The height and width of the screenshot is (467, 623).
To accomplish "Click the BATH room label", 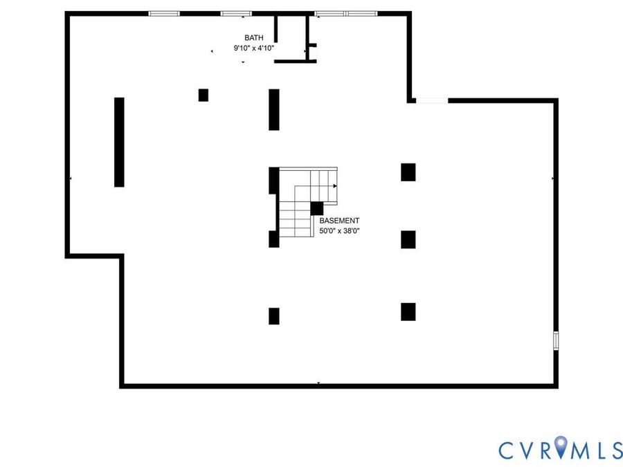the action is pos(253,38).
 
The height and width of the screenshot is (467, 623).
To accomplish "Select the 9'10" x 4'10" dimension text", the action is pos(253,48).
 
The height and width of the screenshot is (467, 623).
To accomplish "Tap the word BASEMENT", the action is pos(339,221).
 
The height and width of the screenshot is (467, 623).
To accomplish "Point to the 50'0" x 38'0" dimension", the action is pos(339,230).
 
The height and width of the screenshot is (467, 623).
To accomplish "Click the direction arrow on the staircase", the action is pos(335,186).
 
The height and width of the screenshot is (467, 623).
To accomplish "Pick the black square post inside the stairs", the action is pos(316,208).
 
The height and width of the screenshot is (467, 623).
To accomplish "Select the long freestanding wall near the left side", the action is pos(119,142).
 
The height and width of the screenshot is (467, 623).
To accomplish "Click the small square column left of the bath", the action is pos(204,95).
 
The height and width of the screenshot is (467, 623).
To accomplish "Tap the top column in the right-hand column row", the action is pos(408,172).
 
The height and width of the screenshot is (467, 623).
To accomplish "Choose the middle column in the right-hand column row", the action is pos(408,239).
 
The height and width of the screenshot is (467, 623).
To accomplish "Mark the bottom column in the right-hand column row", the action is pos(408,312).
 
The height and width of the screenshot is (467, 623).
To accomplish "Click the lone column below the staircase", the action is pos(273,316).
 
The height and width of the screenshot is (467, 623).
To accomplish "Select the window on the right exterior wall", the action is pos(556,340).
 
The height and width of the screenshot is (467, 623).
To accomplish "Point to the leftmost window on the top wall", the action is pos(164,14).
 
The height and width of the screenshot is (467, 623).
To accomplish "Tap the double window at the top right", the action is pos(345,14).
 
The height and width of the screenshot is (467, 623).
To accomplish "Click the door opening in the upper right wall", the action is pos(432,100).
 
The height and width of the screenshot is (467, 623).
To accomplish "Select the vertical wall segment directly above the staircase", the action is pos(273,109).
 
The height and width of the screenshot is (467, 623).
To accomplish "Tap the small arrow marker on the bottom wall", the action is pos(318,383).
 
